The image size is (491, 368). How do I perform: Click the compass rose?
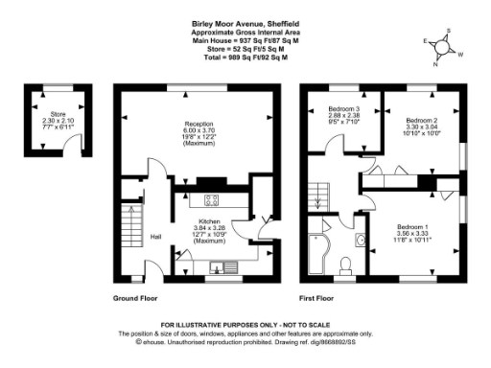pos(442,48)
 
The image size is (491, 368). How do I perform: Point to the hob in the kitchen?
pos(213,199)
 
